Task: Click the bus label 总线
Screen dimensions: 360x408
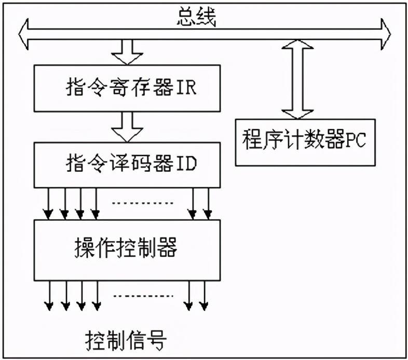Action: click(196, 17)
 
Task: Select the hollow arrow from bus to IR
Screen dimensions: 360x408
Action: click(127, 52)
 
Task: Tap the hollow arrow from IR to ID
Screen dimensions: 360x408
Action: click(127, 128)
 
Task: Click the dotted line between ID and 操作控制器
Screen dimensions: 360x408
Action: click(142, 203)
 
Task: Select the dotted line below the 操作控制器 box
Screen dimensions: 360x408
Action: click(142, 296)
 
